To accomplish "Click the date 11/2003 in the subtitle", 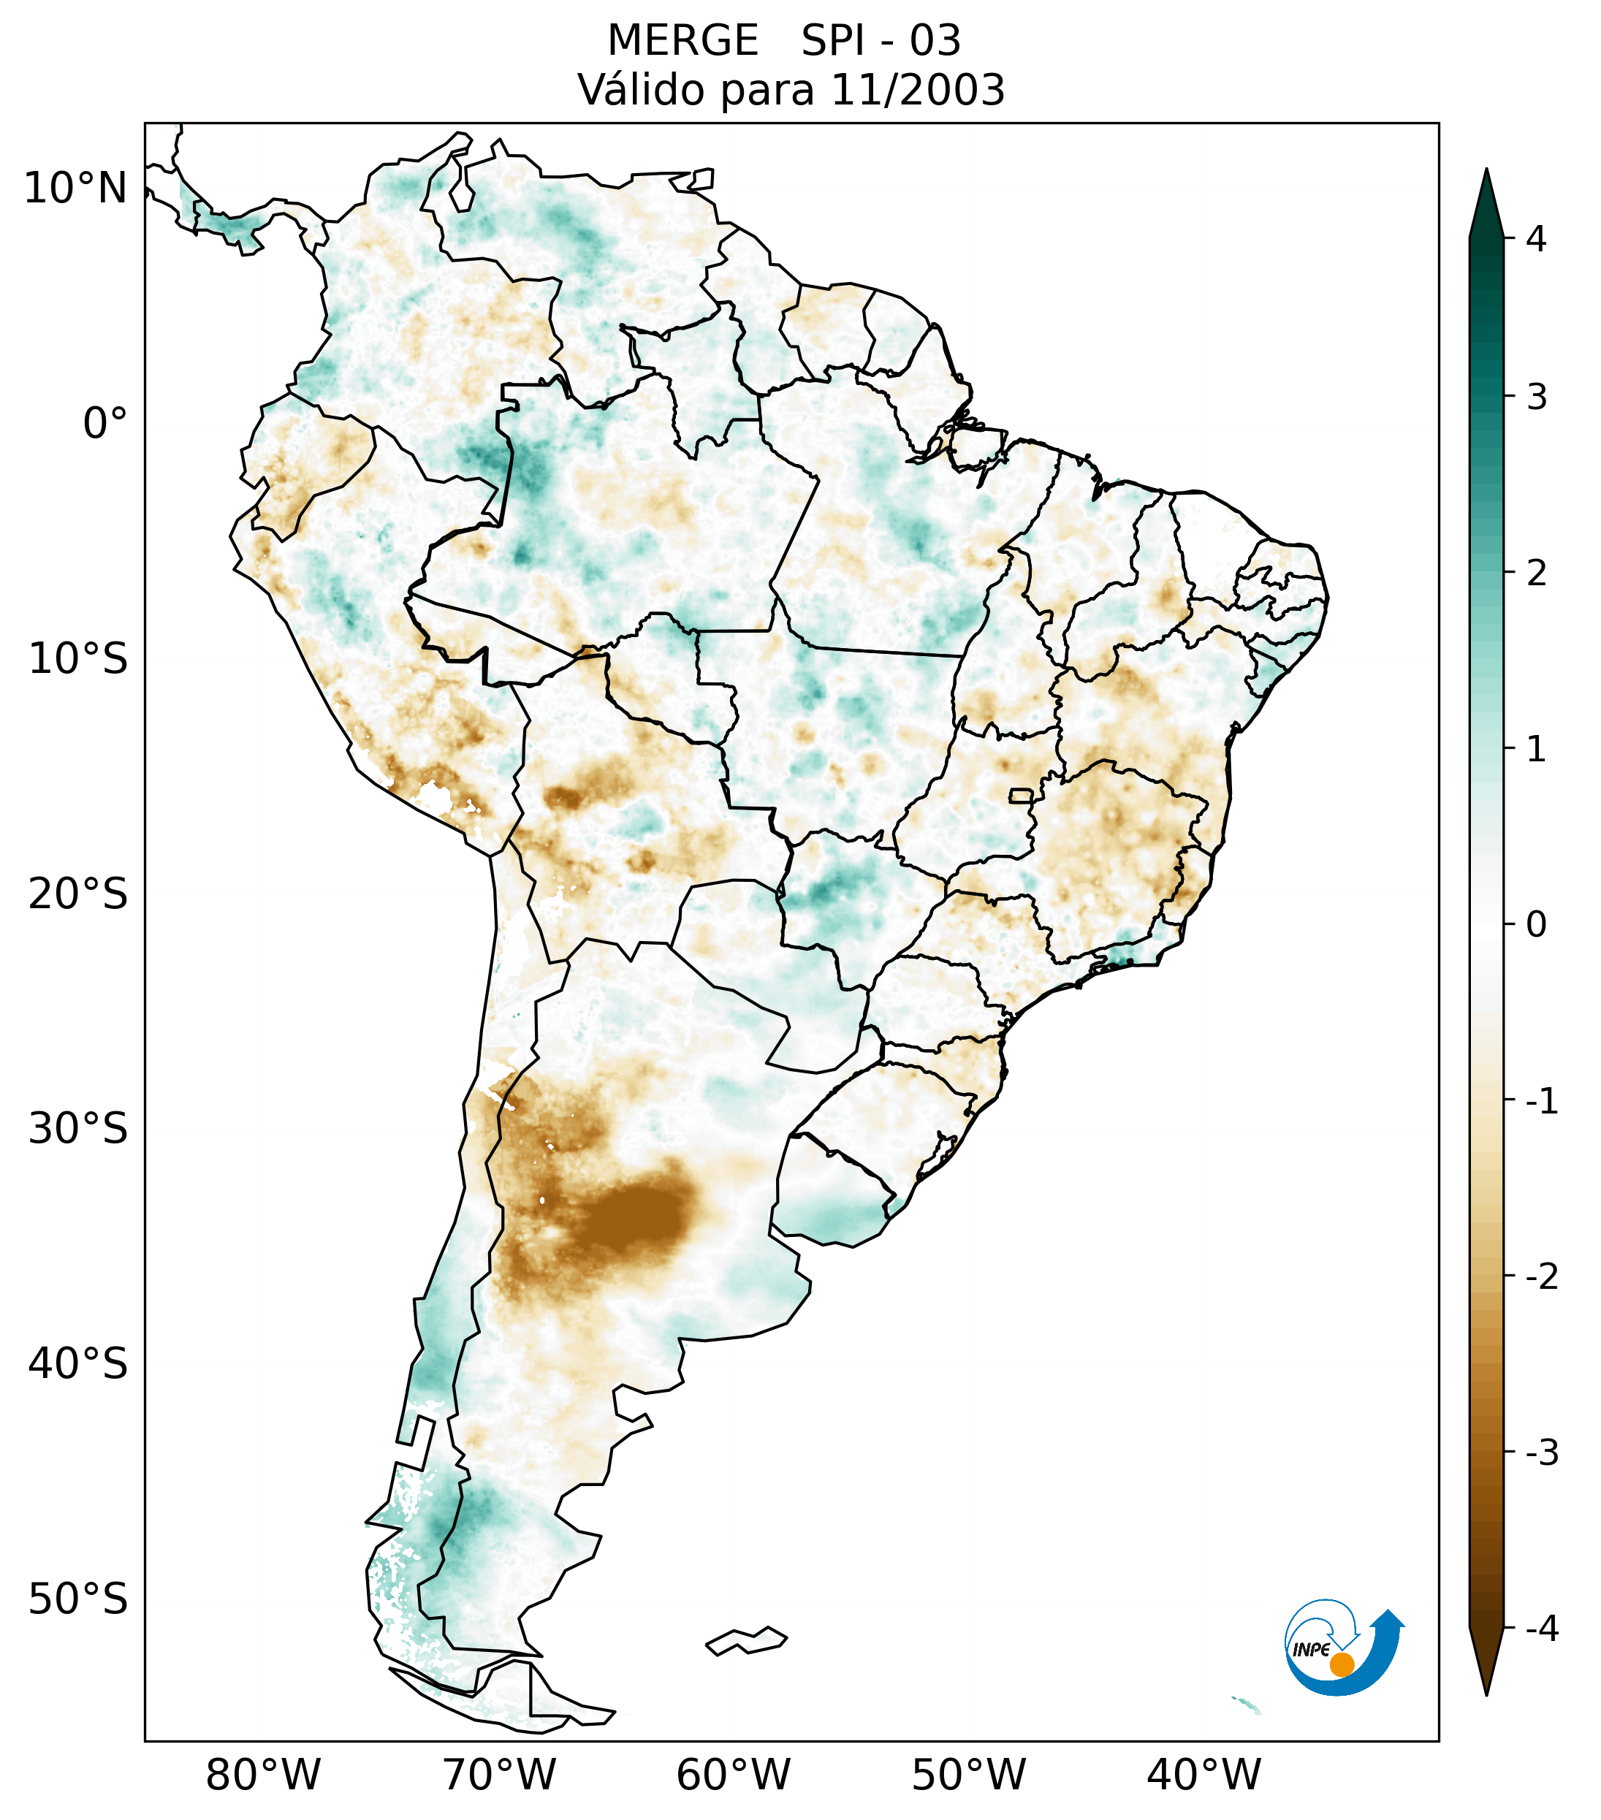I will pyautogui.click(x=917, y=90).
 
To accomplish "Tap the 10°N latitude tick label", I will pyautogui.click(x=76, y=189).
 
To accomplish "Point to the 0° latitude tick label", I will pyautogui.click(x=105, y=424).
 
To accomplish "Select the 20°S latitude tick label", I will pyautogui.click(x=78, y=894).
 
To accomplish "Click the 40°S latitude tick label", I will pyautogui.click(x=78, y=1363).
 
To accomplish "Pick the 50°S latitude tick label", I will pyautogui.click(x=78, y=1599).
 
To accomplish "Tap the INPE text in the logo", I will pyautogui.click(x=1311, y=1650).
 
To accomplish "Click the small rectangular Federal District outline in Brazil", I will pyautogui.click(x=1022, y=794).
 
